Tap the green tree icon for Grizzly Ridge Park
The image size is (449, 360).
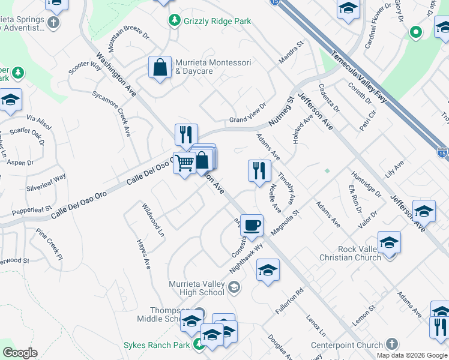tap(175, 21)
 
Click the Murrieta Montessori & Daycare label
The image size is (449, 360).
tap(205, 67)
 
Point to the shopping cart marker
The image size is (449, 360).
tap(184, 163)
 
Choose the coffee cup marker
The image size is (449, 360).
tap(252, 225)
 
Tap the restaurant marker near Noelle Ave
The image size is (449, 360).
tap(259, 170)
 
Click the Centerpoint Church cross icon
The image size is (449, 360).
tap(392, 344)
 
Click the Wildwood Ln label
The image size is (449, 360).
tap(153, 220)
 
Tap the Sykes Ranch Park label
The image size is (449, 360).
tap(157, 346)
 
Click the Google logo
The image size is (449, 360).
tap(20, 353)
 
